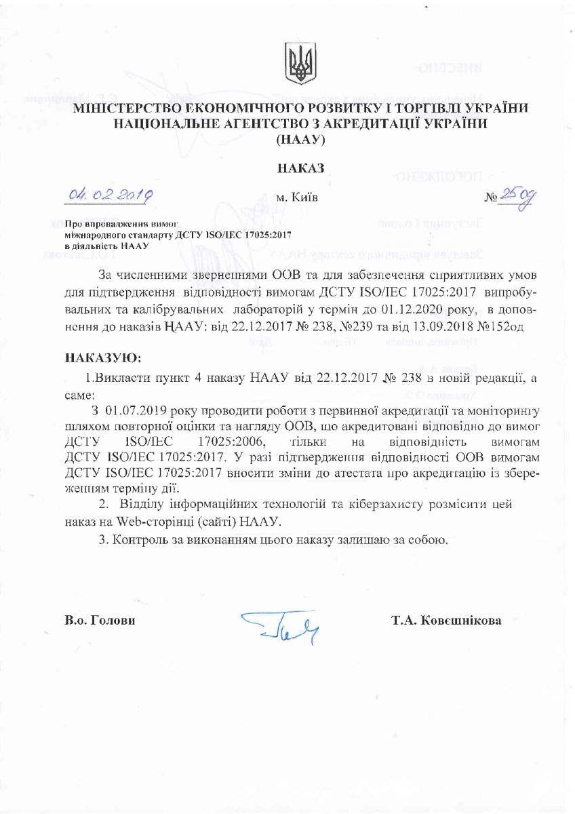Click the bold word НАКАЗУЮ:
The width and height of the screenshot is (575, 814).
103,357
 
